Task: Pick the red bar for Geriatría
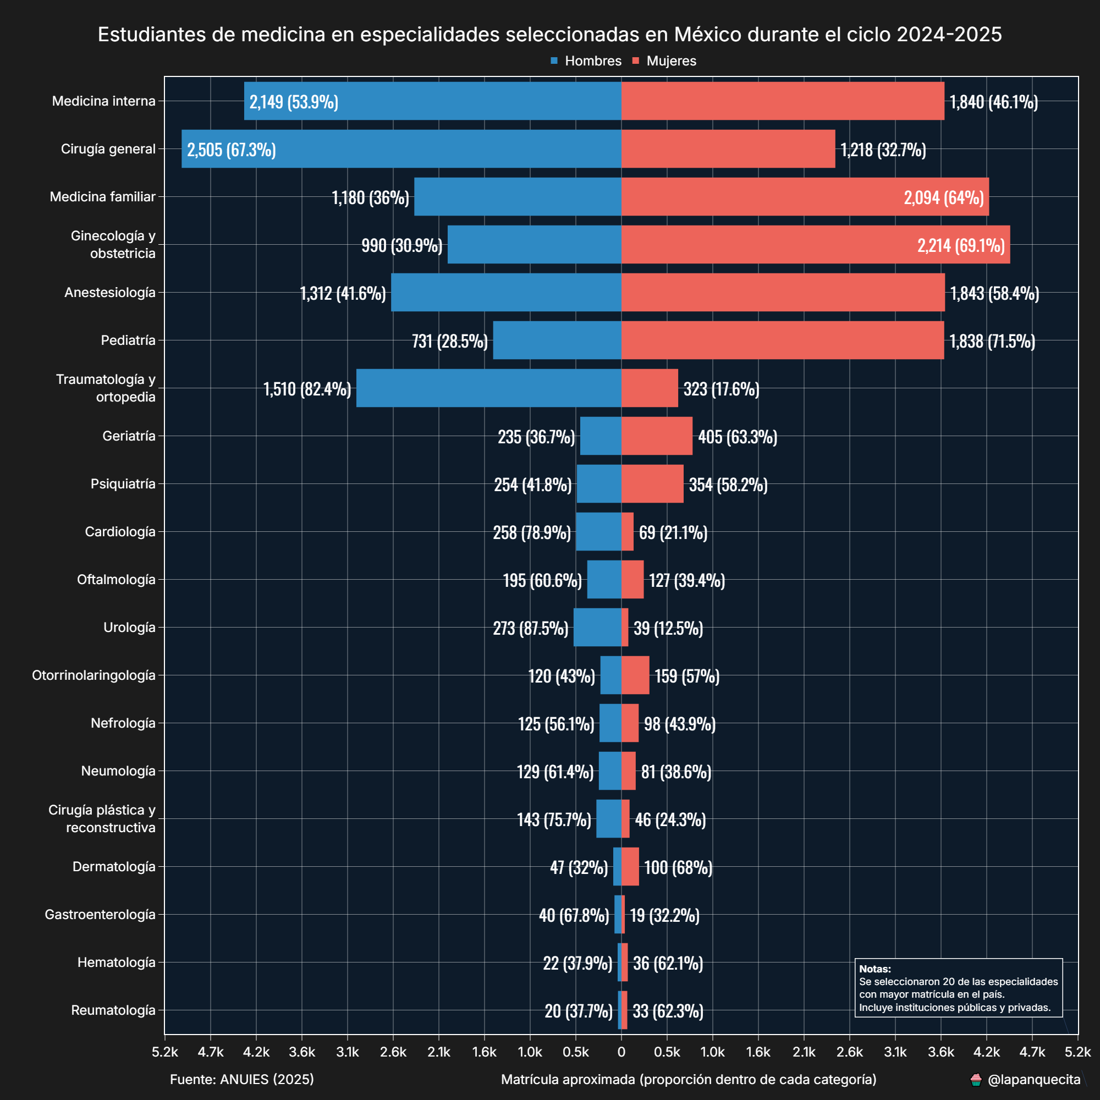657,436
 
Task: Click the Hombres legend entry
586,61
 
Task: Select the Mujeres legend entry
664,61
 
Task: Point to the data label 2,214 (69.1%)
960,245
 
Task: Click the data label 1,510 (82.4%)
307,389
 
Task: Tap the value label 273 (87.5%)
531,628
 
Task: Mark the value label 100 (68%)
678,867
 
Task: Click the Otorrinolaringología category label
94,675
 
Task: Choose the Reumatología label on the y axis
113,1010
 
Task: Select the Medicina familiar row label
102,197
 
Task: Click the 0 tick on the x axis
621,1052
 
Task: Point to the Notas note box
958,987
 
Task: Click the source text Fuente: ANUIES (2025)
242,1080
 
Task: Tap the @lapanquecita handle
1034,1080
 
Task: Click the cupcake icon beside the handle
976,1080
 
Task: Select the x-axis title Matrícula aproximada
689,1080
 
